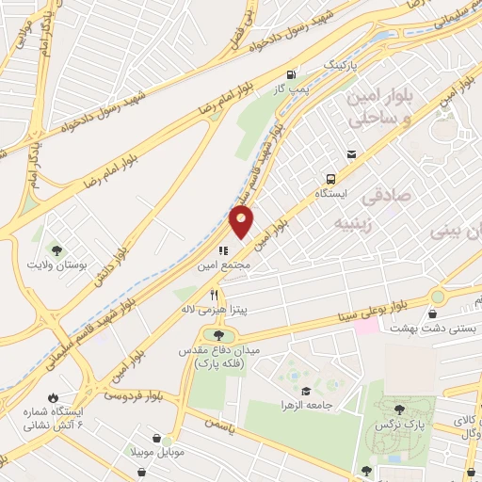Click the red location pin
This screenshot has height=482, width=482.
242,222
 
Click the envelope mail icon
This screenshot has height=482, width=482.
351,154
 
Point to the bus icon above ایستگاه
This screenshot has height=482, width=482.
329,178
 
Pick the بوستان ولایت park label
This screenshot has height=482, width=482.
58,265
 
